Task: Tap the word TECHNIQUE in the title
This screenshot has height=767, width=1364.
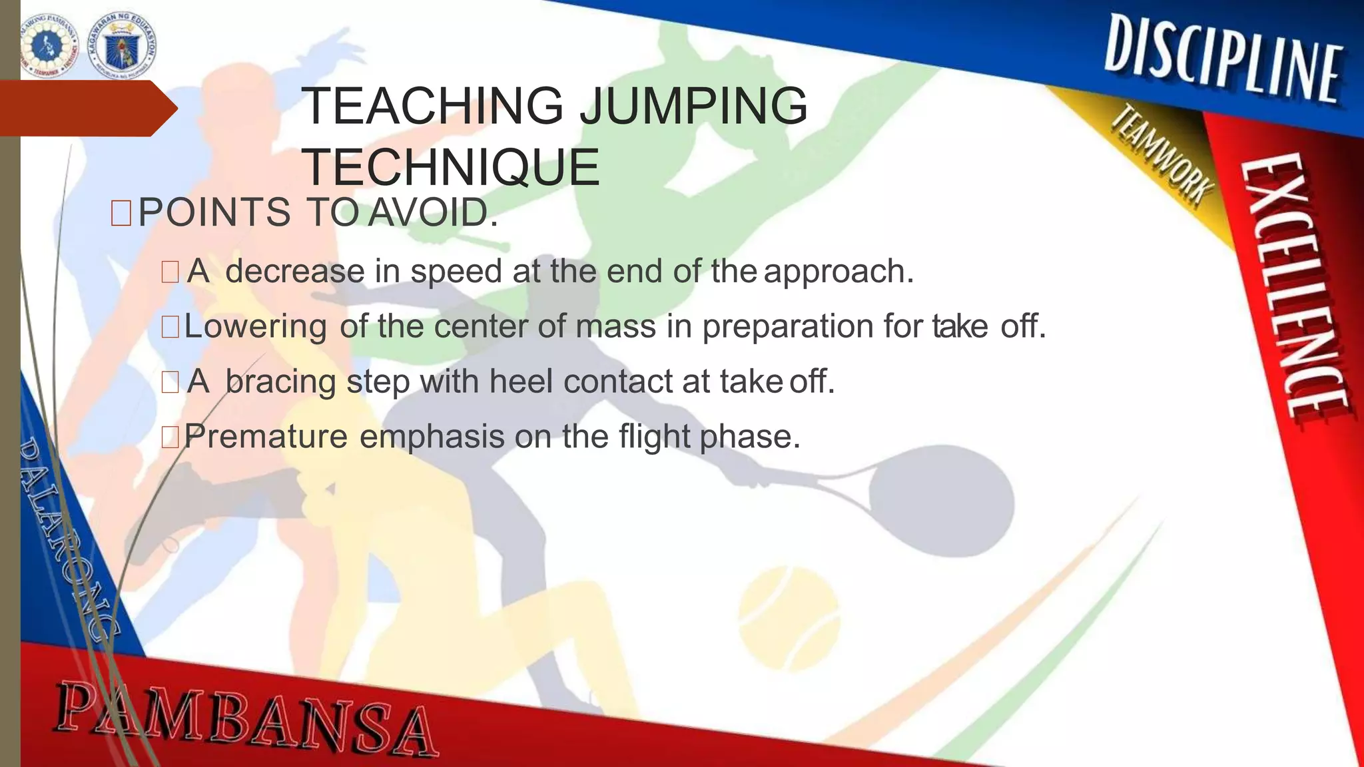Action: pos(451,167)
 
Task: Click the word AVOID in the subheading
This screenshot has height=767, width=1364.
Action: pos(432,213)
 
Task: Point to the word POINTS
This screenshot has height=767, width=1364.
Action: pos(214,213)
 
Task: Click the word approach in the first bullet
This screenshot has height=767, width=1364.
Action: pos(839,272)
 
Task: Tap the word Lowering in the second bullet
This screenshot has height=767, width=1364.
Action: pos(256,327)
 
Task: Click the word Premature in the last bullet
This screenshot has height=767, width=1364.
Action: pos(266,437)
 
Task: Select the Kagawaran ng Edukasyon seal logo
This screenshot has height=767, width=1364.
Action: pos(123,43)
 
